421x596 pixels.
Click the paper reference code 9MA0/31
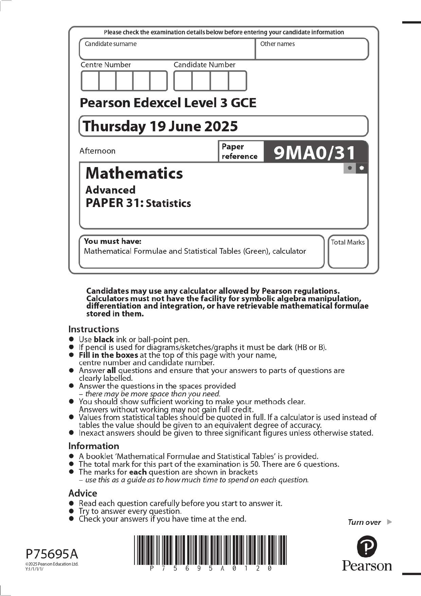pyautogui.click(x=314, y=153)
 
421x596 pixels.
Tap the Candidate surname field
pyautogui.click(x=167, y=49)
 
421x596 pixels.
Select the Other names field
pyautogui.click(x=311, y=49)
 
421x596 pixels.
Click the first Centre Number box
pyautogui.click(x=90, y=81)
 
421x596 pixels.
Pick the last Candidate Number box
pyautogui.click(x=237, y=81)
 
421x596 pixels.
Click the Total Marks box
pyautogui.click(x=348, y=252)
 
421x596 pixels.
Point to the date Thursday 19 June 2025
pyautogui.click(x=160, y=126)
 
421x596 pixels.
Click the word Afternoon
pyautogui.click(x=97, y=151)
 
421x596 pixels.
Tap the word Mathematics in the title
pyautogui.click(x=134, y=173)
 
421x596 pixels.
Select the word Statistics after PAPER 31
pyautogui.click(x=168, y=204)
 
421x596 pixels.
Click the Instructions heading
pyautogui.click(x=93, y=329)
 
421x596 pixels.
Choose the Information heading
pyautogui.click(x=93, y=446)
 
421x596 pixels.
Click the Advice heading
pyautogui.click(x=82, y=493)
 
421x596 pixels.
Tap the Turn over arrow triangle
pyautogui.click(x=390, y=522)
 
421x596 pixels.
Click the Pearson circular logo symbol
pyautogui.click(x=367, y=546)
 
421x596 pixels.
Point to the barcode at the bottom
pyautogui.click(x=210, y=550)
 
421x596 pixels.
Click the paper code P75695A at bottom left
pyautogui.click(x=52, y=554)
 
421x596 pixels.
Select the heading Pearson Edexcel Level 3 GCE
pyautogui.click(x=168, y=103)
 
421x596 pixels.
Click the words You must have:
pyautogui.click(x=113, y=241)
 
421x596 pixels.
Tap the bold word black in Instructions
pyautogui.click(x=104, y=339)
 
